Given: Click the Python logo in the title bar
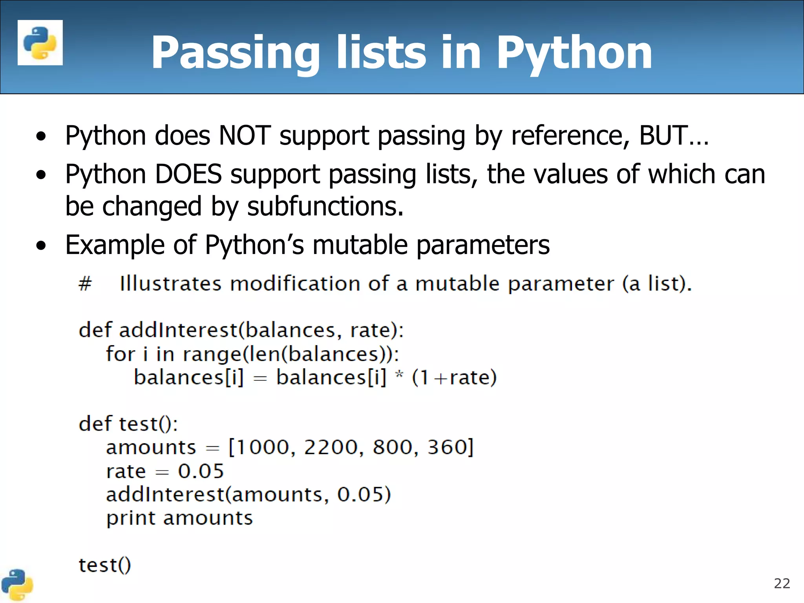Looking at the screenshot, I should point(40,42).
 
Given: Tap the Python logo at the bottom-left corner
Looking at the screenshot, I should point(16,585).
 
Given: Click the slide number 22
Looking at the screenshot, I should point(782,583).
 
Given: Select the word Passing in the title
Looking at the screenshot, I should point(235,53).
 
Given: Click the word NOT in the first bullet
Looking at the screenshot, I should point(245,135).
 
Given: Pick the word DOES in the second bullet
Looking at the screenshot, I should point(188,174).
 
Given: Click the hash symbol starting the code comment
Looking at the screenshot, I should point(85,283).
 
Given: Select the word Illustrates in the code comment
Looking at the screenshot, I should point(170,283).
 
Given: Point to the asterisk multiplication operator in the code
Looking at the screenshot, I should point(399,375).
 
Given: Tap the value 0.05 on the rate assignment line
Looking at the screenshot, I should point(201,471).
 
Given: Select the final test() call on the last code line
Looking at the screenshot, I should point(105,565).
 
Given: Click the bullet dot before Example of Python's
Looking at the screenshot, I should point(41,246).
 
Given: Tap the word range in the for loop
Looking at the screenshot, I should point(212,354).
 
